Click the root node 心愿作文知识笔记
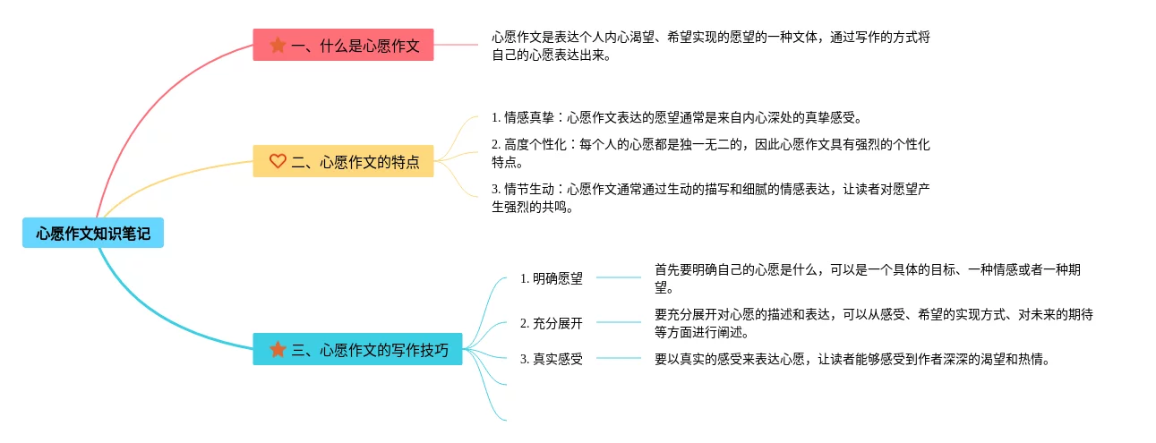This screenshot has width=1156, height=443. pyautogui.click(x=93, y=234)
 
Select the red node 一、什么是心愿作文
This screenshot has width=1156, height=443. pyautogui.click(x=343, y=45)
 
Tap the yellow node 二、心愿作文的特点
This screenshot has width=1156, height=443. pyautogui.click(x=343, y=161)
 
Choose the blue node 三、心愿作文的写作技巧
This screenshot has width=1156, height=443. pyautogui.click(x=356, y=349)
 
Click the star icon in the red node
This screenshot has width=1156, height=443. pyautogui.click(x=278, y=45)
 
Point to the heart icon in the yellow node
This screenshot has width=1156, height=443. pyautogui.click(x=278, y=161)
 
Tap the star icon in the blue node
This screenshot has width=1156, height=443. pyautogui.click(x=278, y=349)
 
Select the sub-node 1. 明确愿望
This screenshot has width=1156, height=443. pyautogui.click(x=552, y=278)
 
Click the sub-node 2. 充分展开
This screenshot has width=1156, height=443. pyautogui.click(x=552, y=323)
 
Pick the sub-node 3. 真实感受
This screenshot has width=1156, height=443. pyautogui.click(x=552, y=359)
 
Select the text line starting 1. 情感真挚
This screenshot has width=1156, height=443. pyautogui.click(x=676, y=117)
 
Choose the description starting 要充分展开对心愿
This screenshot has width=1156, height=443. pyautogui.click(x=873, y=323)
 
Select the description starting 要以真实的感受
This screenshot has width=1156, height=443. pyautogui.click(x=851, y=359)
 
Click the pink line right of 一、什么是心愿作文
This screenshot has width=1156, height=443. pyautogui.click(x=457, y=44)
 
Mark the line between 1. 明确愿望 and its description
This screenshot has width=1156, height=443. pyautogui.click(x=619, y=278)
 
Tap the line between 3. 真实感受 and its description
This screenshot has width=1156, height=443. pyautogui.click(x=619, y=358)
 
